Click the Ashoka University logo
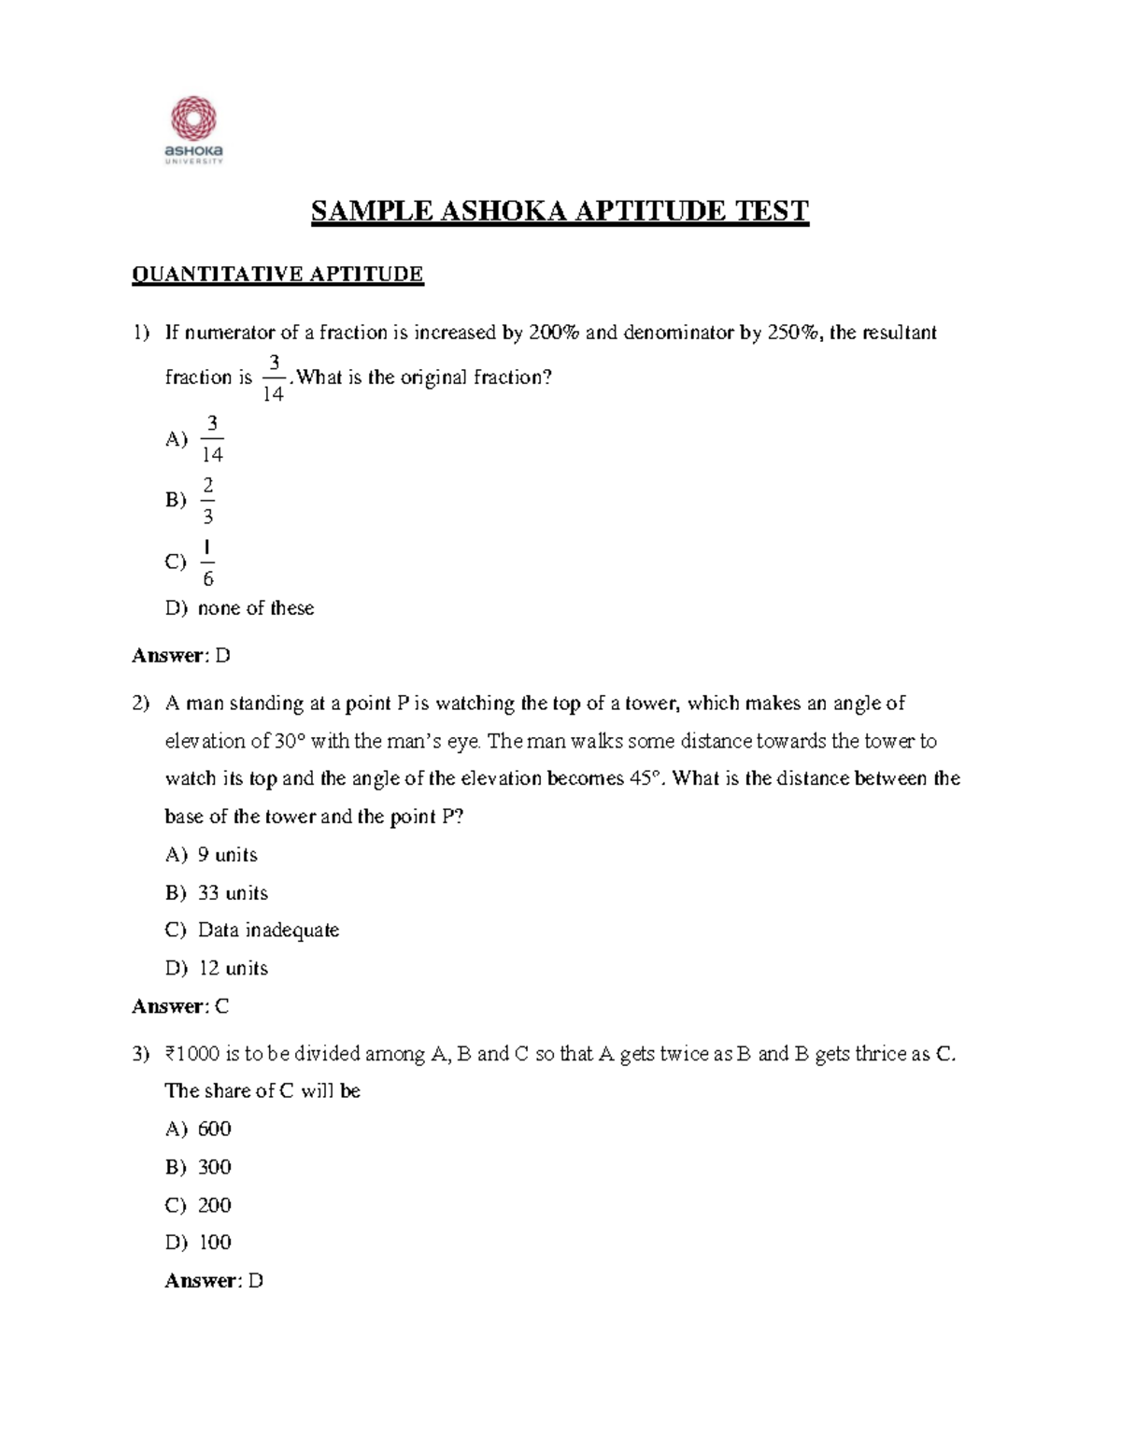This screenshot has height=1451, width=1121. [x=193, y=130]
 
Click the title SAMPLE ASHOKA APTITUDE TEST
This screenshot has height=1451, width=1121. [x=560, y=211]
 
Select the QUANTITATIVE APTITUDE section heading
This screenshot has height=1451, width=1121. [x=277, y=274]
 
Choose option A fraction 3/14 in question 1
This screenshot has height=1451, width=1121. [x=212, y=439]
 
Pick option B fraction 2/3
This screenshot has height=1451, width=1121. [x=207, y=500]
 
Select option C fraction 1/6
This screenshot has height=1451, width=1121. [x=207, y=562]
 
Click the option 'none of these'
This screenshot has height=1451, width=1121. [x=255, y=608]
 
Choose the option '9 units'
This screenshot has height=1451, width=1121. [x=227, y=855]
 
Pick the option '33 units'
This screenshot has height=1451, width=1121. [x=233, y=893]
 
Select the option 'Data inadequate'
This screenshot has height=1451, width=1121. [x=268, y=931]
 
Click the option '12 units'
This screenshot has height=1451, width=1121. [x=233, y=969]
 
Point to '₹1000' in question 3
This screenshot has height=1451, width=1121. [x=192, y=1054]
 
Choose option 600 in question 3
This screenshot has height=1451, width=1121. [x=214, y=1130]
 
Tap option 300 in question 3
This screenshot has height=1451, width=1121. [x=214, y=1167]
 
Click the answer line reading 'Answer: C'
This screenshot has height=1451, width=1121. [x=180, y=1006]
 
